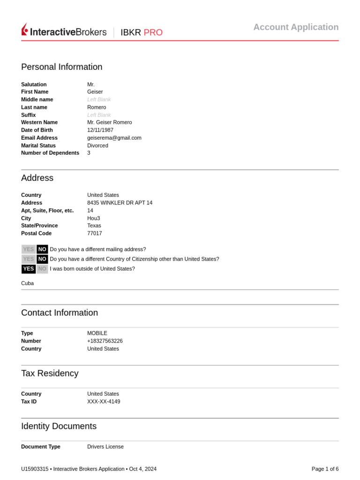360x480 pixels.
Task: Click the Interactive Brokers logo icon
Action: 25,30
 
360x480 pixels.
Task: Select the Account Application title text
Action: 296,27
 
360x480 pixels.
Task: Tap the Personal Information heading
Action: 61,67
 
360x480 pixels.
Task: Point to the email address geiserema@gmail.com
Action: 114,138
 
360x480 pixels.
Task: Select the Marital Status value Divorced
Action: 97,145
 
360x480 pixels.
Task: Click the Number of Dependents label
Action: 50,153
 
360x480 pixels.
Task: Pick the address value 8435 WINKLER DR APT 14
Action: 120,203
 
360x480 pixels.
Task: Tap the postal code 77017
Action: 94,233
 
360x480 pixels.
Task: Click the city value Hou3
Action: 93,218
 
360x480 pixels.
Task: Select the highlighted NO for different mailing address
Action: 42,249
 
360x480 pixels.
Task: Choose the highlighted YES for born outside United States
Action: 29,269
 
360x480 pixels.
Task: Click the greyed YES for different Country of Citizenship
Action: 29,259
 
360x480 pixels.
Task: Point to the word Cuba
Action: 27,283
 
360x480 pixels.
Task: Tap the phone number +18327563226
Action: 105,341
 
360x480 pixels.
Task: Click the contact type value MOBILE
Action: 97,333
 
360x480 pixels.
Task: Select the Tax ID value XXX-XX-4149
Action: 104,402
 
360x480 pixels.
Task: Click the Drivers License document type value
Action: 105,447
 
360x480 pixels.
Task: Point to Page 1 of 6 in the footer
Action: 325,469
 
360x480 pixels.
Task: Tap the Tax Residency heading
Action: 50,374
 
